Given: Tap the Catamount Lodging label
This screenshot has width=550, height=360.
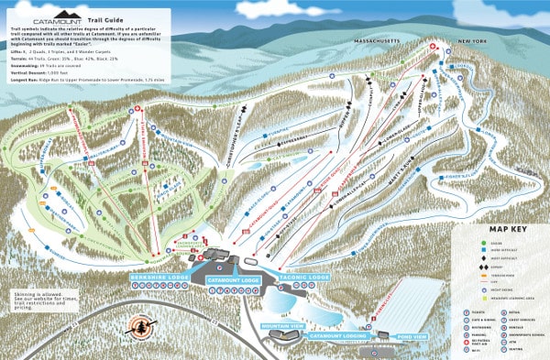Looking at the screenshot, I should click(x=337, y=336).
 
